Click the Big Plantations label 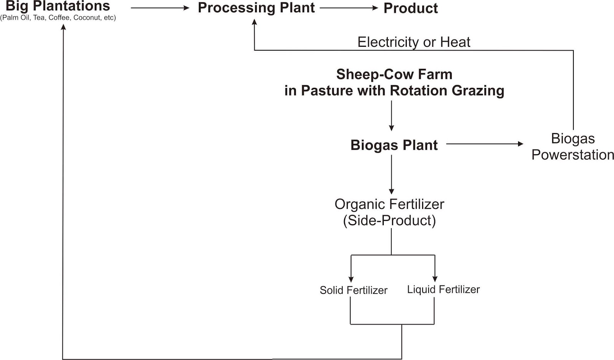[x=58, y=6]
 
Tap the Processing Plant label [x=256, y=8]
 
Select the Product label [x=410, y=8]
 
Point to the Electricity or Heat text [x=414, y=42]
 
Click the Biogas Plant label [x=394, y=145]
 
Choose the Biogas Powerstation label [x=573, y=147]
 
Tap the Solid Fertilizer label [x=353, y=290]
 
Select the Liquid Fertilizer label [x=443, y=289]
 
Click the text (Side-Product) [x=389, y=221]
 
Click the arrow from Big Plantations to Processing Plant [x=160, y=8]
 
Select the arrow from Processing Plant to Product [x=349, y=8]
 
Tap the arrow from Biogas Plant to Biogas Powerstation [x=484, y=144]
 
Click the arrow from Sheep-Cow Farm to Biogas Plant [x=391, y=116]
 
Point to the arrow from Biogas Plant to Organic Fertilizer [x=391, y=175]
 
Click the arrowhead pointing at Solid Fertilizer [x=351, y=279]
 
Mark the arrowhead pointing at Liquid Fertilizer [x=435, y=278]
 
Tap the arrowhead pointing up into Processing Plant [x=254, y=22]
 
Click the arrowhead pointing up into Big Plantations [x=64, y=27]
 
